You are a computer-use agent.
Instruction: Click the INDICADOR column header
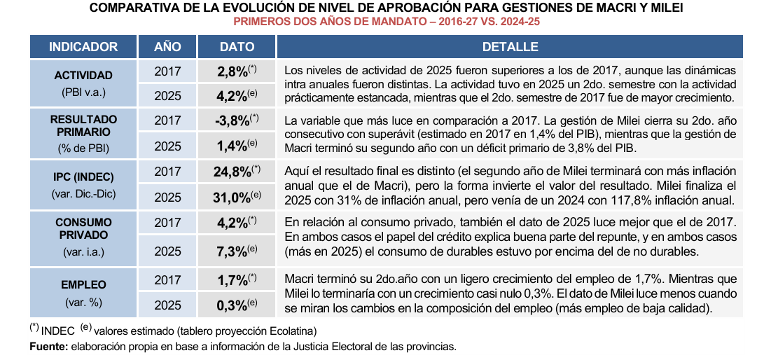(x=83, y=47)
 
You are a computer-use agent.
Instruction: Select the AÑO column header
(x=167, y=47)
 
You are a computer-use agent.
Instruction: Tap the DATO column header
(x=237, y=47)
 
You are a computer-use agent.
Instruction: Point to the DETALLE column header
(x=510, y=47)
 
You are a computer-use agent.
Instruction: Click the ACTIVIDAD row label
(x=83, y=75)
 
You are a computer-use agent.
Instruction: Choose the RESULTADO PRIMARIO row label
(x=83, y=125)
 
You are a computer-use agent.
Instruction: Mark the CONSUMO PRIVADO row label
(x=83, y=228)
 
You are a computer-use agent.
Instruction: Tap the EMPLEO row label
(x=83, y=284)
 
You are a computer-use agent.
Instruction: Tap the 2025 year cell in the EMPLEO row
(x=167, y=305)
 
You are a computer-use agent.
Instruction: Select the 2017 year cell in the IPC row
(x=167, y=171)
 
